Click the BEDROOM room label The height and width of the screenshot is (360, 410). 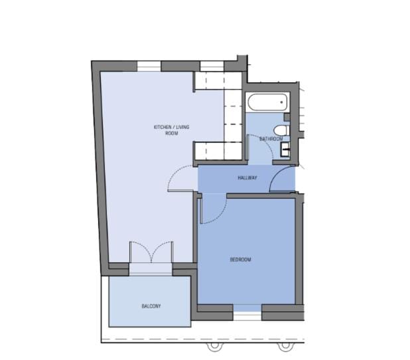point(240,260)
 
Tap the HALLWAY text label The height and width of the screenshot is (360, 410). point(247,178)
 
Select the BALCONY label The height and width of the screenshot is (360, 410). point(151,306)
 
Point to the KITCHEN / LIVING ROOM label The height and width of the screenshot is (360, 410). point(172,130)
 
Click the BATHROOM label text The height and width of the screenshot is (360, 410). point(271,139)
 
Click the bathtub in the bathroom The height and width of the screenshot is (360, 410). point(267,102)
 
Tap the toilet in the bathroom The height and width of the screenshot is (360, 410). point(281,130)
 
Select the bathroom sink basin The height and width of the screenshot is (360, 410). point(285,149)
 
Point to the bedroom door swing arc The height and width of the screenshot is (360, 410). point(221,215)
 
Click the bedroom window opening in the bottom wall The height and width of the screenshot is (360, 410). point(247,312)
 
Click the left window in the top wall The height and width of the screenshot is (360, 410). point(149,66)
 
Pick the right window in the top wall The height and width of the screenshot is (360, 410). point(212,66)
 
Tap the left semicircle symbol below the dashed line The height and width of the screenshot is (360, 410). point(214,347)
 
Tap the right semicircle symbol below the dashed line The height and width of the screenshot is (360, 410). point(285,347)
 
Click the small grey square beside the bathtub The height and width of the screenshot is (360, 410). point(287,117)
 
